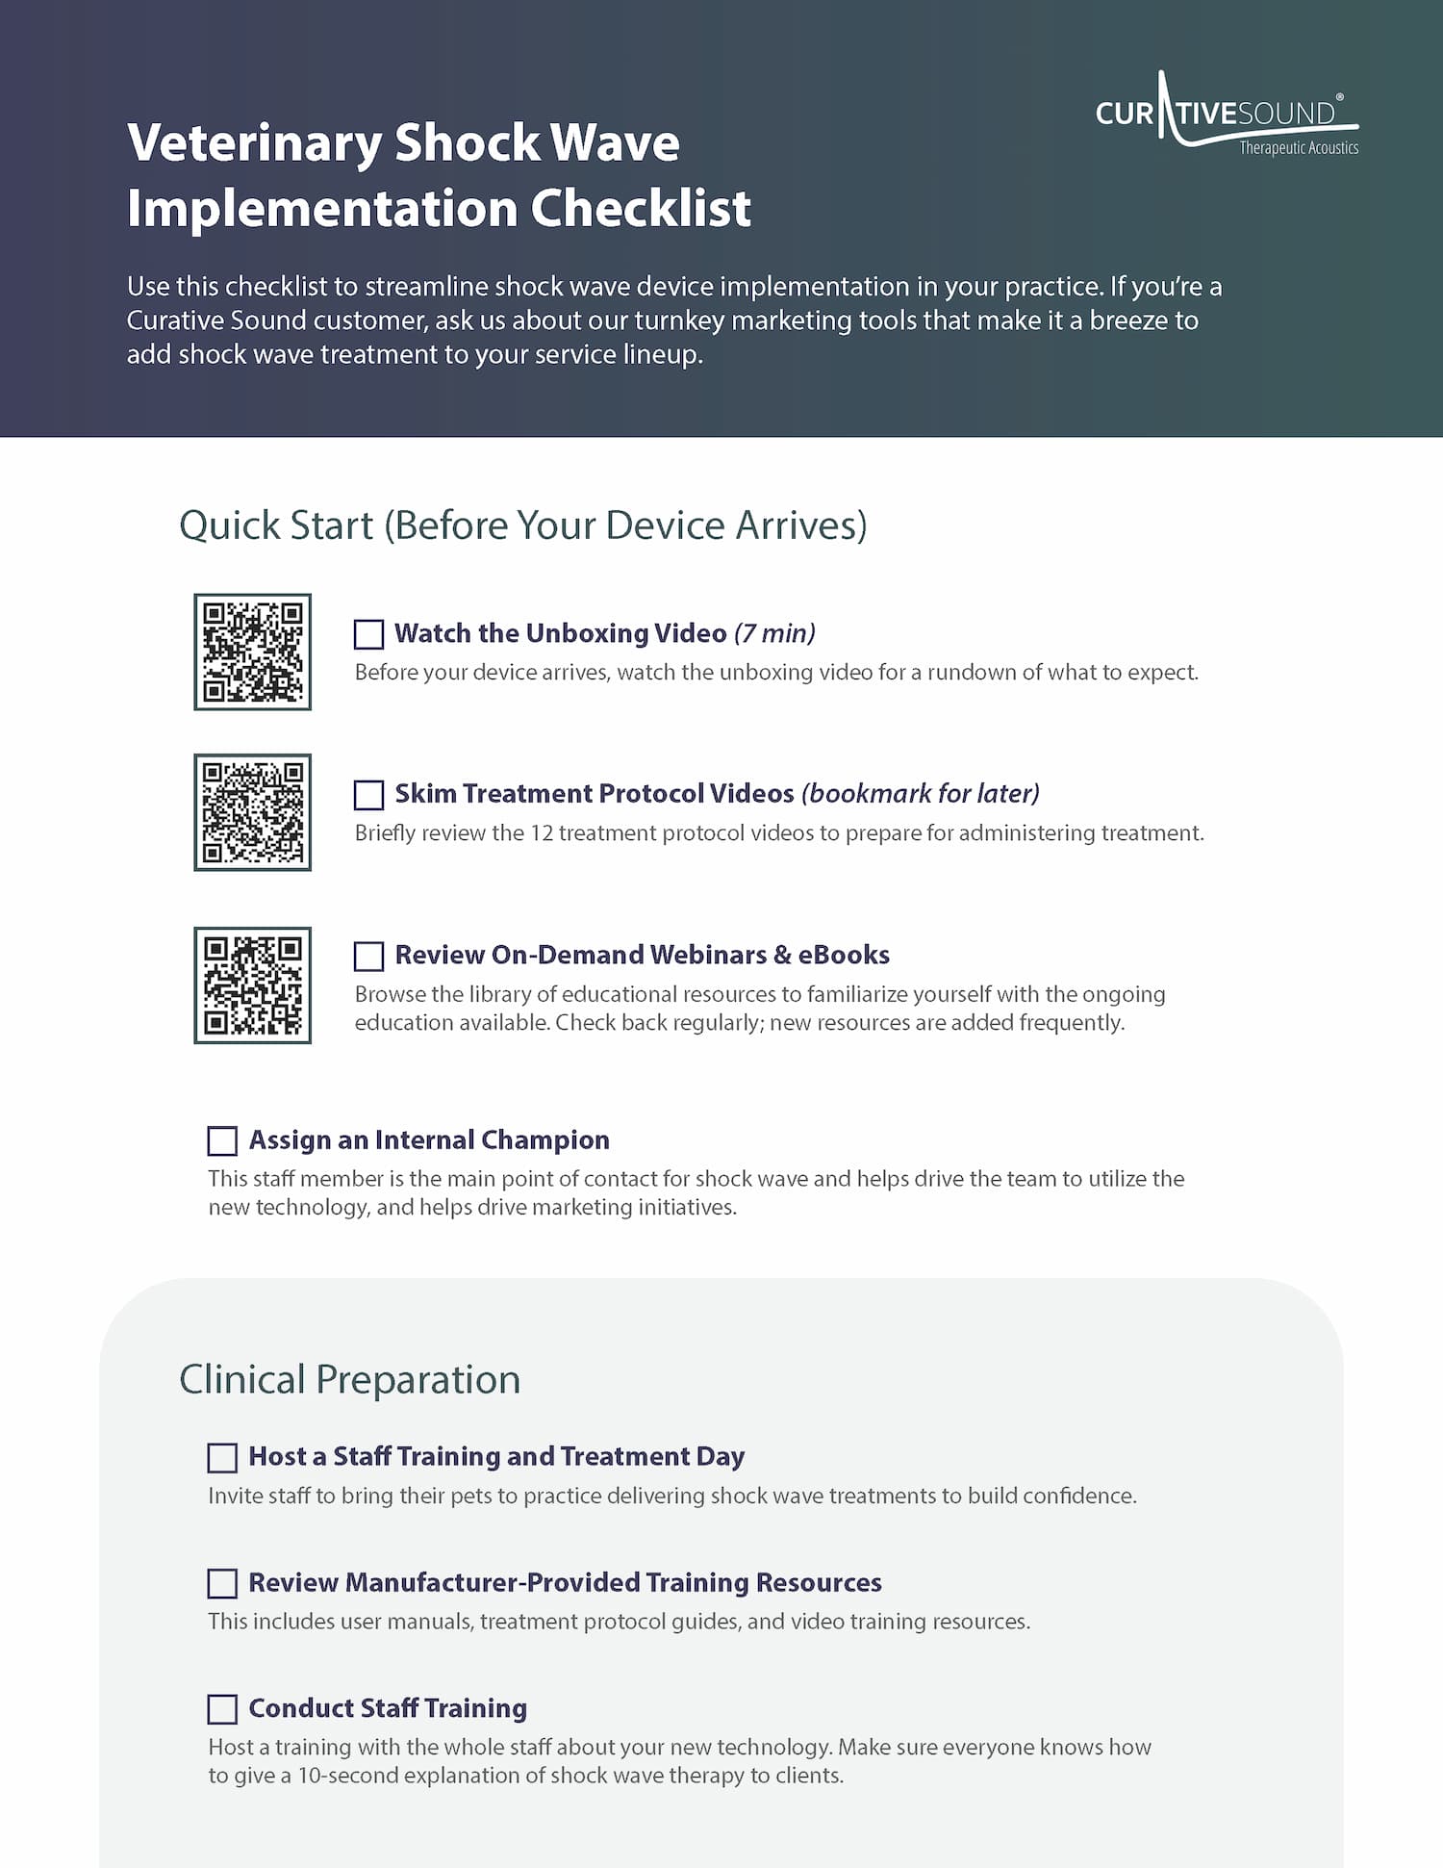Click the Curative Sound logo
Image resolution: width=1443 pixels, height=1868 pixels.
1226,115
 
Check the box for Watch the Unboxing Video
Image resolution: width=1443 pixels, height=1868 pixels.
368,635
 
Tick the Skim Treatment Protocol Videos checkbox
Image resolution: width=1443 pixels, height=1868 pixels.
368,795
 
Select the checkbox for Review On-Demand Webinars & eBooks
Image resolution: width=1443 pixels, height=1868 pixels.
368,957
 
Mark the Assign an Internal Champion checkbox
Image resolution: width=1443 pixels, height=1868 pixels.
222,1141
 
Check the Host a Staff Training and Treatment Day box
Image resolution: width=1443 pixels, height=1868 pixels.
222,1458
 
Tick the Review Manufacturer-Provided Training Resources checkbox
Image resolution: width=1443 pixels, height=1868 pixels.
222,1584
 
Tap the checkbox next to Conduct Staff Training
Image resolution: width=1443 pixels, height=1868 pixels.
222,1709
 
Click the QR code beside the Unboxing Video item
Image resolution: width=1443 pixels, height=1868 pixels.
253,653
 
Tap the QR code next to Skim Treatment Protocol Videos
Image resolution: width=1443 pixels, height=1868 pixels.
253,813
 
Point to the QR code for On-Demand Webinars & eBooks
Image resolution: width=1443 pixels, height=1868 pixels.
253,985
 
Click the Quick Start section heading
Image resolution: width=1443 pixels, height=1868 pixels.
522,526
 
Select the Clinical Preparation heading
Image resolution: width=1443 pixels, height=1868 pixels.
349,1380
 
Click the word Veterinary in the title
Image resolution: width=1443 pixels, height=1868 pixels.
254,144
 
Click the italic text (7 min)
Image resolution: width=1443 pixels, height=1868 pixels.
774,633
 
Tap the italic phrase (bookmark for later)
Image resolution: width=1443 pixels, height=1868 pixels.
921,794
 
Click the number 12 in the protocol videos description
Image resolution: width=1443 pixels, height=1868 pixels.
542,833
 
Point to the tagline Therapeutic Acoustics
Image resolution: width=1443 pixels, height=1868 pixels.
1298,148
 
